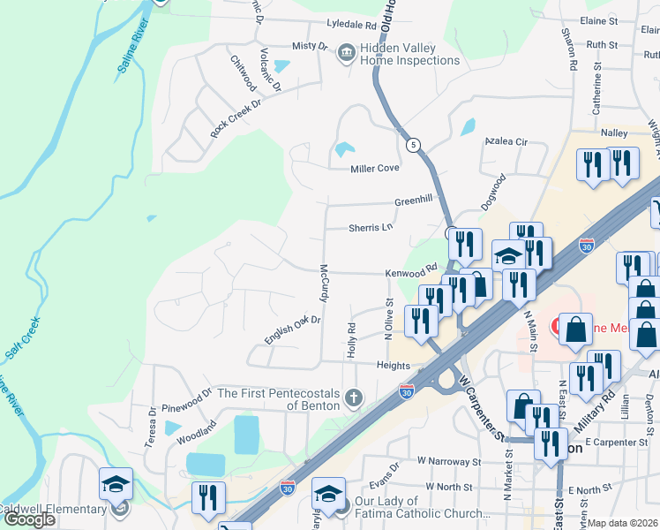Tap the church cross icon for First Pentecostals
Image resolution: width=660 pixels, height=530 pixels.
pyautogui.click(x=354, y=398)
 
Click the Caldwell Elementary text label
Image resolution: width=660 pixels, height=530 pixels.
pyautogui.click(x=55, y=509)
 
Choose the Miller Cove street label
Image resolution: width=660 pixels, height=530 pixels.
pyautogui.click(x=375, y=168)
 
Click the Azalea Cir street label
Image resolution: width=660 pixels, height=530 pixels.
pyautogui.click(x=506, y=141)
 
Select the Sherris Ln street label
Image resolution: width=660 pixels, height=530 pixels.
pyautogui.click(x=370, y=227)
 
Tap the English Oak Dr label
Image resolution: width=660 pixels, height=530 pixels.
pyautogui.click(x=291, y=329)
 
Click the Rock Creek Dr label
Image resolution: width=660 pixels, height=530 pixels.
pyautogui.click(x=236, y=117)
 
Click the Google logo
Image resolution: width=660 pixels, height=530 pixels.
pyautogui.click(x=29, y=519)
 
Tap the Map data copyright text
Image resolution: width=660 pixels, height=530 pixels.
pyautogui.click(x=623, y=523)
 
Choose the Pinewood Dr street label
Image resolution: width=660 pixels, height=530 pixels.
pyautogui.click(x=183, y=398)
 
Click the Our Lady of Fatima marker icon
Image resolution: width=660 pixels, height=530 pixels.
pyautogui.click(x=343, y=510)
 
